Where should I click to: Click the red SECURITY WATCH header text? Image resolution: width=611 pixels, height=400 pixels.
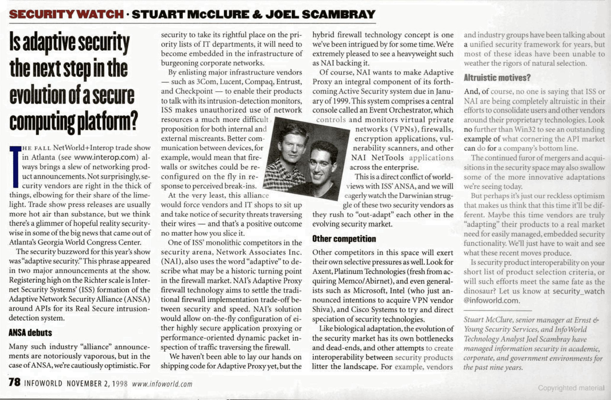66,14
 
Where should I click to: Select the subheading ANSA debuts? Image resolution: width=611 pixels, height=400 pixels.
30,333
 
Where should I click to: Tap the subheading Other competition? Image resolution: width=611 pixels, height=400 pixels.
344,239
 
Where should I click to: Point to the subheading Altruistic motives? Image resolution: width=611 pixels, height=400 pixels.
497,78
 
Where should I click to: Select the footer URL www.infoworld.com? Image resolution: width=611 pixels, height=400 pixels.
162,384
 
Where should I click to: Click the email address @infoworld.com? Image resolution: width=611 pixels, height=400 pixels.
491,300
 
